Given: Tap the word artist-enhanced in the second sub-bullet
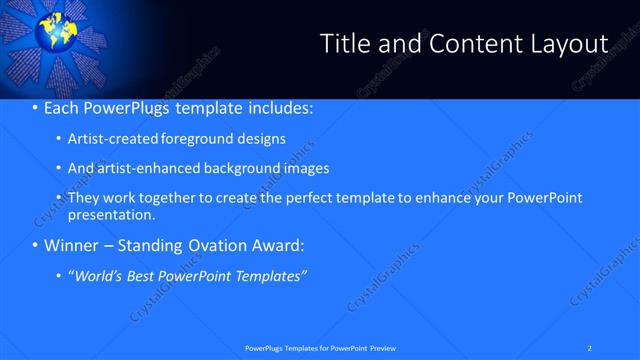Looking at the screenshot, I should (145, 168).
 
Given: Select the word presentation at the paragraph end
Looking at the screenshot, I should (110, 214).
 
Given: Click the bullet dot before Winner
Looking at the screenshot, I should (36, 245).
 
